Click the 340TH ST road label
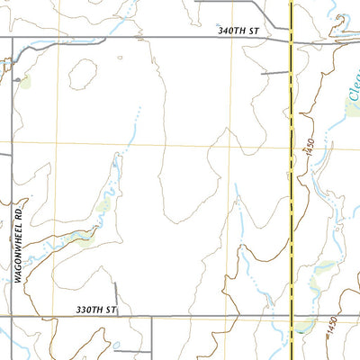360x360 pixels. (238, 31)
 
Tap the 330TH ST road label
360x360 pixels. (97, 310)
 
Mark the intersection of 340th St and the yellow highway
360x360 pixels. (292, 38)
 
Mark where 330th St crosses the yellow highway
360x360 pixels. (292, 317)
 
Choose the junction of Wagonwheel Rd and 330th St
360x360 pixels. (12, 316)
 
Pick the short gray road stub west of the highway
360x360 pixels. (274, 72)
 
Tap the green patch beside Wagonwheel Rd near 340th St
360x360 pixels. (23, 82)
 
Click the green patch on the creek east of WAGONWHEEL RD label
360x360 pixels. (86, 238)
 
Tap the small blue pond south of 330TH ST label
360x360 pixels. (118, 345)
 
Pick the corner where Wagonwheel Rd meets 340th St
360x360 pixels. (12, 38)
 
